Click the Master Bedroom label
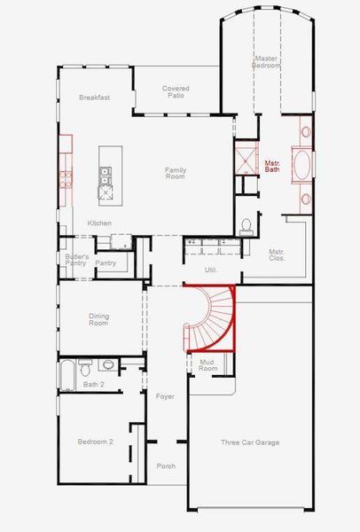[x=266, y=62]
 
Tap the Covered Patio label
[x=176, y=92]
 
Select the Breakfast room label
[x=94, y=98]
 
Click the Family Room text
[x=176, y=174]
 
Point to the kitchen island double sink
[x=105, y=176]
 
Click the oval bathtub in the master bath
[x=301, y=165]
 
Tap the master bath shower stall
[x=247, y=158]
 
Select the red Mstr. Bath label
[x=272, y=166]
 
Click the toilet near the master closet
[x=247, y=227]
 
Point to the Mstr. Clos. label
[x=277, y=254]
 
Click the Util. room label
[x=211, y=270]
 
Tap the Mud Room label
[x=207, y=365]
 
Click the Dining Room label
[x=98, y=319]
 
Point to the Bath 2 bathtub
[x=67, y=375]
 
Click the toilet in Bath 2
[x=85, y=367]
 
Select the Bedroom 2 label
[x=96, y=442]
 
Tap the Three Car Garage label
[x=250, y=442]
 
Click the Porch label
[x=166, y=466]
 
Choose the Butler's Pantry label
[x=75, y=260]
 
